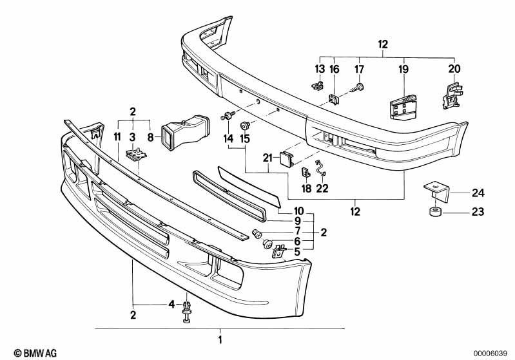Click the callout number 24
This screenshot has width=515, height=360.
(x=478, y=193)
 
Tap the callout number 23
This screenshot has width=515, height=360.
(x=478, y=212)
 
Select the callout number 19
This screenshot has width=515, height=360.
(x=403, y=70)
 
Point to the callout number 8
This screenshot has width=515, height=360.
(x=150, y=137)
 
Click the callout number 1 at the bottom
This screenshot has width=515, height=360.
(x=220, y=339)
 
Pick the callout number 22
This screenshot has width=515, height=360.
(x=322, y=188)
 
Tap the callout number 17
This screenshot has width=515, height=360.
(x=359, y=70)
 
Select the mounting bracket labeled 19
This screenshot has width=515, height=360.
(x=403, y=106)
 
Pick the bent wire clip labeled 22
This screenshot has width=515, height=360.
(x=320, y=168)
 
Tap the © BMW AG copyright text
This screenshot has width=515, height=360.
(x=35, y=353)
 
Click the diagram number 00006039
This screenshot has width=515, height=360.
(x=491, y=354)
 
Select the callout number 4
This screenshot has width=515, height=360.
(x=171, y=305)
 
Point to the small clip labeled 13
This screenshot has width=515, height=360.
(x=318, y=85)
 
